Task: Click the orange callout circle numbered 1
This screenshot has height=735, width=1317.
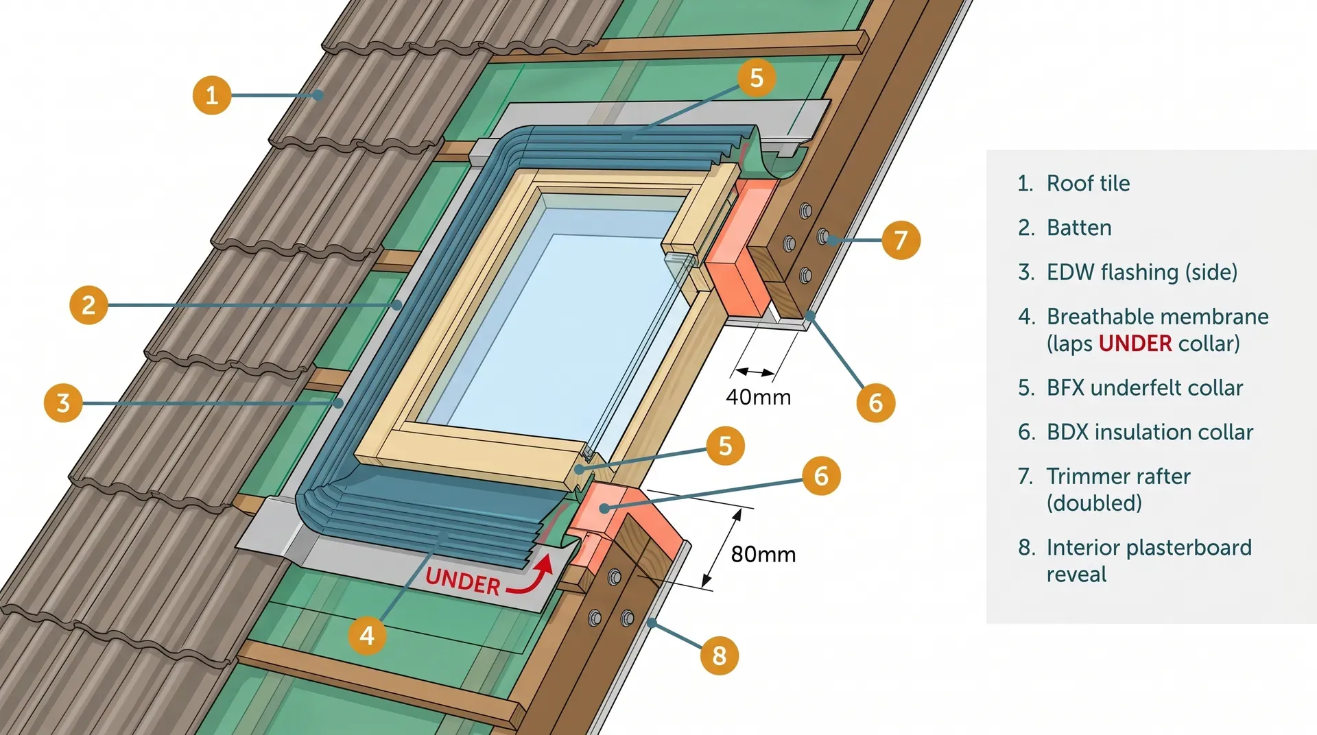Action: [211, 95]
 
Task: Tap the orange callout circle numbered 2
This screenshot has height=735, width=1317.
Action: [88, 304]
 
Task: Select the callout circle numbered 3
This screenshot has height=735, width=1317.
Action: [63, 402]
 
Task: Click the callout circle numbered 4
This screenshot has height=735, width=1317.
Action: [367, 636]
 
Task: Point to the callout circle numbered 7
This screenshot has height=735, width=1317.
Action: [901, 240]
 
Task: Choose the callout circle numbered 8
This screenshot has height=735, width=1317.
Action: [719, 655]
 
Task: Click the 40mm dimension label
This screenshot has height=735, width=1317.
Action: [758, 397]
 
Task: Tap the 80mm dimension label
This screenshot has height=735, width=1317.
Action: [763, 554]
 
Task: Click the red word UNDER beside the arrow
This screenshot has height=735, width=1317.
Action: [463, 581]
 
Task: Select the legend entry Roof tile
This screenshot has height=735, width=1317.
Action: [1088, 183]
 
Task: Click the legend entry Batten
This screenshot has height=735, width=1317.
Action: [1078, 228]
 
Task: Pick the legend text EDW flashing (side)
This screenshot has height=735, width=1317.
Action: [1141, 272]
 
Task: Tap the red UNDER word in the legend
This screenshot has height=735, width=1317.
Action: [1135, 344]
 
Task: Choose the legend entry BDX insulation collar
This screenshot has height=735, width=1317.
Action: [1150, 432]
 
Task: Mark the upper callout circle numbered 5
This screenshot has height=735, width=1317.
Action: [757, 77]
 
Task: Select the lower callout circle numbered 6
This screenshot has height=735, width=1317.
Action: [821, 476]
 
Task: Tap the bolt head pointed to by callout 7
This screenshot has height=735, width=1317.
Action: [823, 237]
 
